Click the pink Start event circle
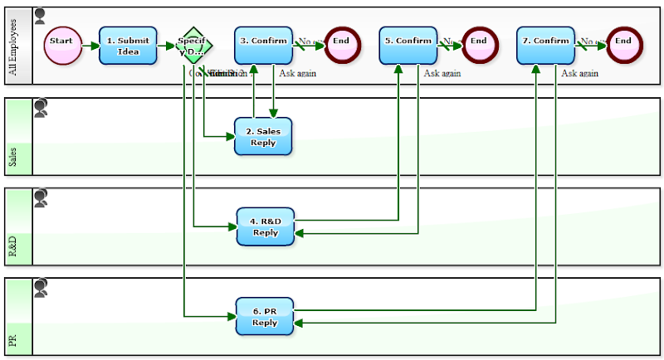coord(61,46)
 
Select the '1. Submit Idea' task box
coord(128,46)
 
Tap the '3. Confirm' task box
coord(263,46)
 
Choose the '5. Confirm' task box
coord(408,46)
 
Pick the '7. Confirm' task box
coord(545,46)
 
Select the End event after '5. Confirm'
coord(479,46)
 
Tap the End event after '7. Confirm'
coord(623,46)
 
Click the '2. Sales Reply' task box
coord(263,136)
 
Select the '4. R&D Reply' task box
coord(266,226)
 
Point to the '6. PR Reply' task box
coord(265,316)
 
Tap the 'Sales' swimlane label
coord(12,157)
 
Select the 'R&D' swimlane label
coord(12,246)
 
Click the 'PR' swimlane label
coord(12,340)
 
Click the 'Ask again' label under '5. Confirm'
coord(442,73)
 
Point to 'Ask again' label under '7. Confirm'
coord(579,73)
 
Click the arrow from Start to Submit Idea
coord(89,46)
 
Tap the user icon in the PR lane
coord(40,288)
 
